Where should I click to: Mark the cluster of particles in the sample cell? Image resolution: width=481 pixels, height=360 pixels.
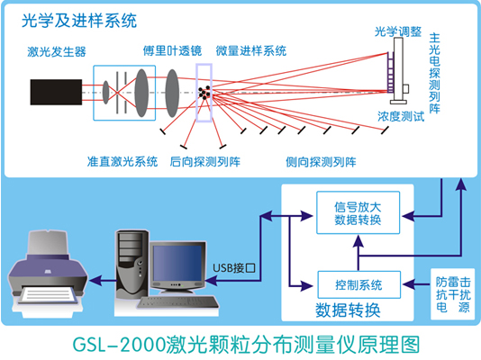click(206, 91)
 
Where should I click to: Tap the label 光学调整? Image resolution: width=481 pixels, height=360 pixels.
click(398, 31)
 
